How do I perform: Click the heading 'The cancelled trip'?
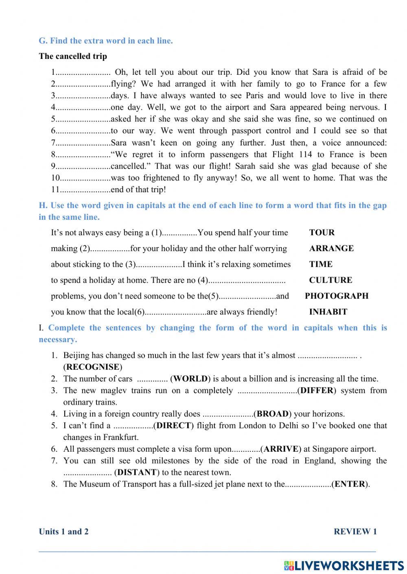pos(73,56)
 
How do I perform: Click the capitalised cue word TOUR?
pos(322,232)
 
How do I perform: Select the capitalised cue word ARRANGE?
pos(331,248)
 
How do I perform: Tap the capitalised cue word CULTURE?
pos(330,280)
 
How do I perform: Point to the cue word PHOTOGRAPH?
pos(337,296)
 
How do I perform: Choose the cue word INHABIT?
pos(328,312)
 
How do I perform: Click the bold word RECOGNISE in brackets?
pos(93,367)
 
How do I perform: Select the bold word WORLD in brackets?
pos(190,379)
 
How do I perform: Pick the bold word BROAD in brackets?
pos(273,414)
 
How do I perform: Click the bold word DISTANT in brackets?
pos(137,472)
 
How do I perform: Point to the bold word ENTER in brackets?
pos(350,484)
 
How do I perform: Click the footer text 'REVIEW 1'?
pos(355,531)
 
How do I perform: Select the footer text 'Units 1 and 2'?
pos(63,531)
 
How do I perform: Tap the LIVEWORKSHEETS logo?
pos(344,565)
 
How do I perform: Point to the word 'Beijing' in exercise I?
pos(77,355)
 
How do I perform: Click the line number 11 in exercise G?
pos(55,189)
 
